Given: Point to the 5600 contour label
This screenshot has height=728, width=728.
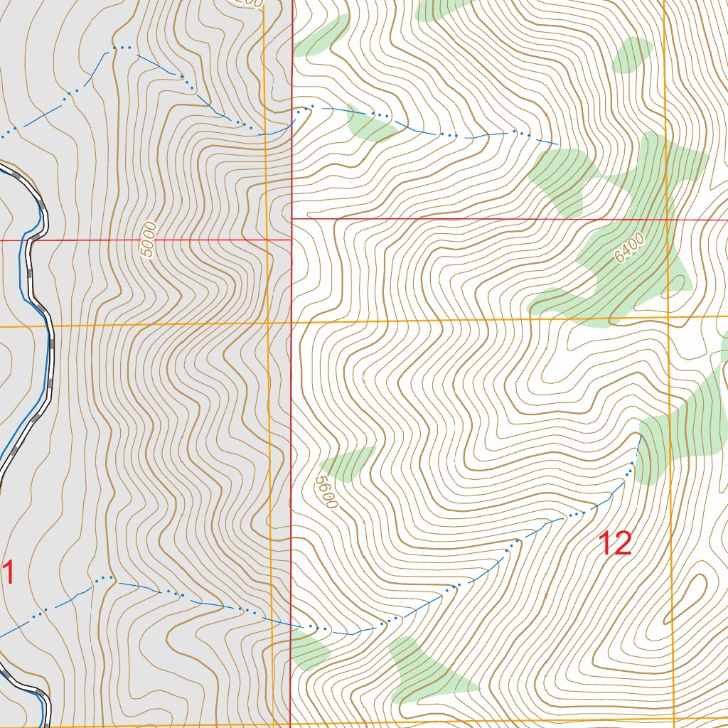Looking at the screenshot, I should (x=325, y=491).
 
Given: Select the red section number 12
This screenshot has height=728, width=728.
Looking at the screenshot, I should (x=615, y=544).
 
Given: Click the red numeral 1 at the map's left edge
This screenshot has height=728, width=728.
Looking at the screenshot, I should (x=9, y=573).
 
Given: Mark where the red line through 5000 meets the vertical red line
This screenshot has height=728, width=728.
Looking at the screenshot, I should (x=292, y=240).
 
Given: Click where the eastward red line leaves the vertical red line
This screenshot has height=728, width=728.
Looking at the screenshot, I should (x=292, y=218).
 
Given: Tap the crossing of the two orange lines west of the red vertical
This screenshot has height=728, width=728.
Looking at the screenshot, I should (x=268, y=324).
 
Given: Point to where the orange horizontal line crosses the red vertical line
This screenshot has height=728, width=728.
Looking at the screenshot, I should (x=292, y=323).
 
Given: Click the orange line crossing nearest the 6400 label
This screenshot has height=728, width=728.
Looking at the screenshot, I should (x=668, y=316).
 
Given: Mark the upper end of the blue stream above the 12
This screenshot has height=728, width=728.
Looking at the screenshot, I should (x=641, y=437).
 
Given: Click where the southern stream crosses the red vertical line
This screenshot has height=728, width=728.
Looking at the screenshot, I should (x=291, y=625).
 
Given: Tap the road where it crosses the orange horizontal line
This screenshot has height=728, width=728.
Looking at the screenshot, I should (x=50, y=326).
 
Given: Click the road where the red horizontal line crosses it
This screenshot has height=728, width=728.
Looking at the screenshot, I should (x=30, y=240).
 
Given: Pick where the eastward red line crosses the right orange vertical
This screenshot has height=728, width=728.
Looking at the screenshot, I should (x=667, y=220).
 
